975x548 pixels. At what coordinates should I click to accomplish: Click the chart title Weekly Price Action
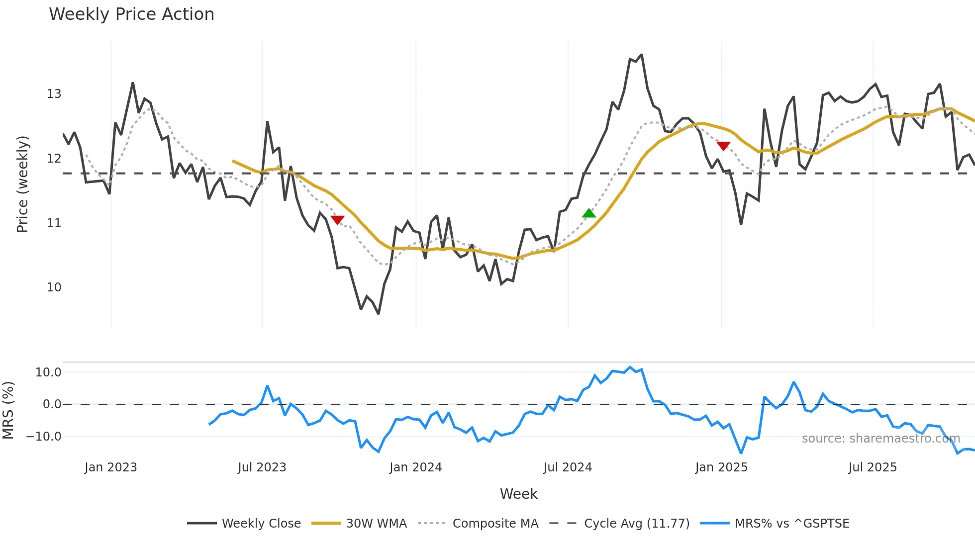131,14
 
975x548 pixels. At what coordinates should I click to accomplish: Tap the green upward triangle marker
589,213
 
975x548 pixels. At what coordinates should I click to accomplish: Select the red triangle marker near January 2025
723,146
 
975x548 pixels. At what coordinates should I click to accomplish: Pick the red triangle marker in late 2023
337,220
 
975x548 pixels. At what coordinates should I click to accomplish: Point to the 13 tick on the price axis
54,94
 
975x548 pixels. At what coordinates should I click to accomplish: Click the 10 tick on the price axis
54,287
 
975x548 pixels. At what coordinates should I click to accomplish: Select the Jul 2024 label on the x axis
568,467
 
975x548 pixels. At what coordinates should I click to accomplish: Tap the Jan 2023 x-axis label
110,467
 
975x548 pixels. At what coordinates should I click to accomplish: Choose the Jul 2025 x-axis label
873,467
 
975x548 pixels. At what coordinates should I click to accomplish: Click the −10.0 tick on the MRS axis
44,437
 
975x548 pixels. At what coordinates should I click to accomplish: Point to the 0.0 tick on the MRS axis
52,404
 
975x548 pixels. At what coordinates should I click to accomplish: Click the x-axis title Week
518,494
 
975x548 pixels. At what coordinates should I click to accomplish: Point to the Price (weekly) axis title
22,184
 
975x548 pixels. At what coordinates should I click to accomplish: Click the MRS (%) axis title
8,410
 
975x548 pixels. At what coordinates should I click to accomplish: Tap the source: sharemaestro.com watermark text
880,439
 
